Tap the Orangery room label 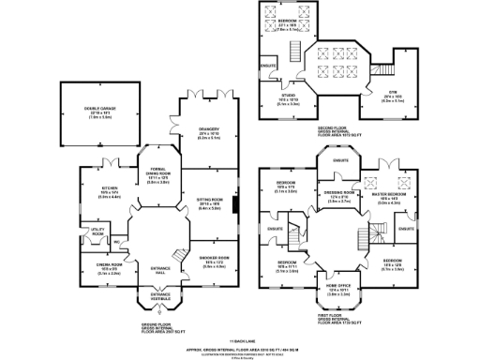(x=208, y=130)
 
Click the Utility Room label (x=97, y=231)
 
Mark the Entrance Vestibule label (x=152, y=295)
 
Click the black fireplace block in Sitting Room (x=234, y=205)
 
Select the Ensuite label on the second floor (x=267, y=65)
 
